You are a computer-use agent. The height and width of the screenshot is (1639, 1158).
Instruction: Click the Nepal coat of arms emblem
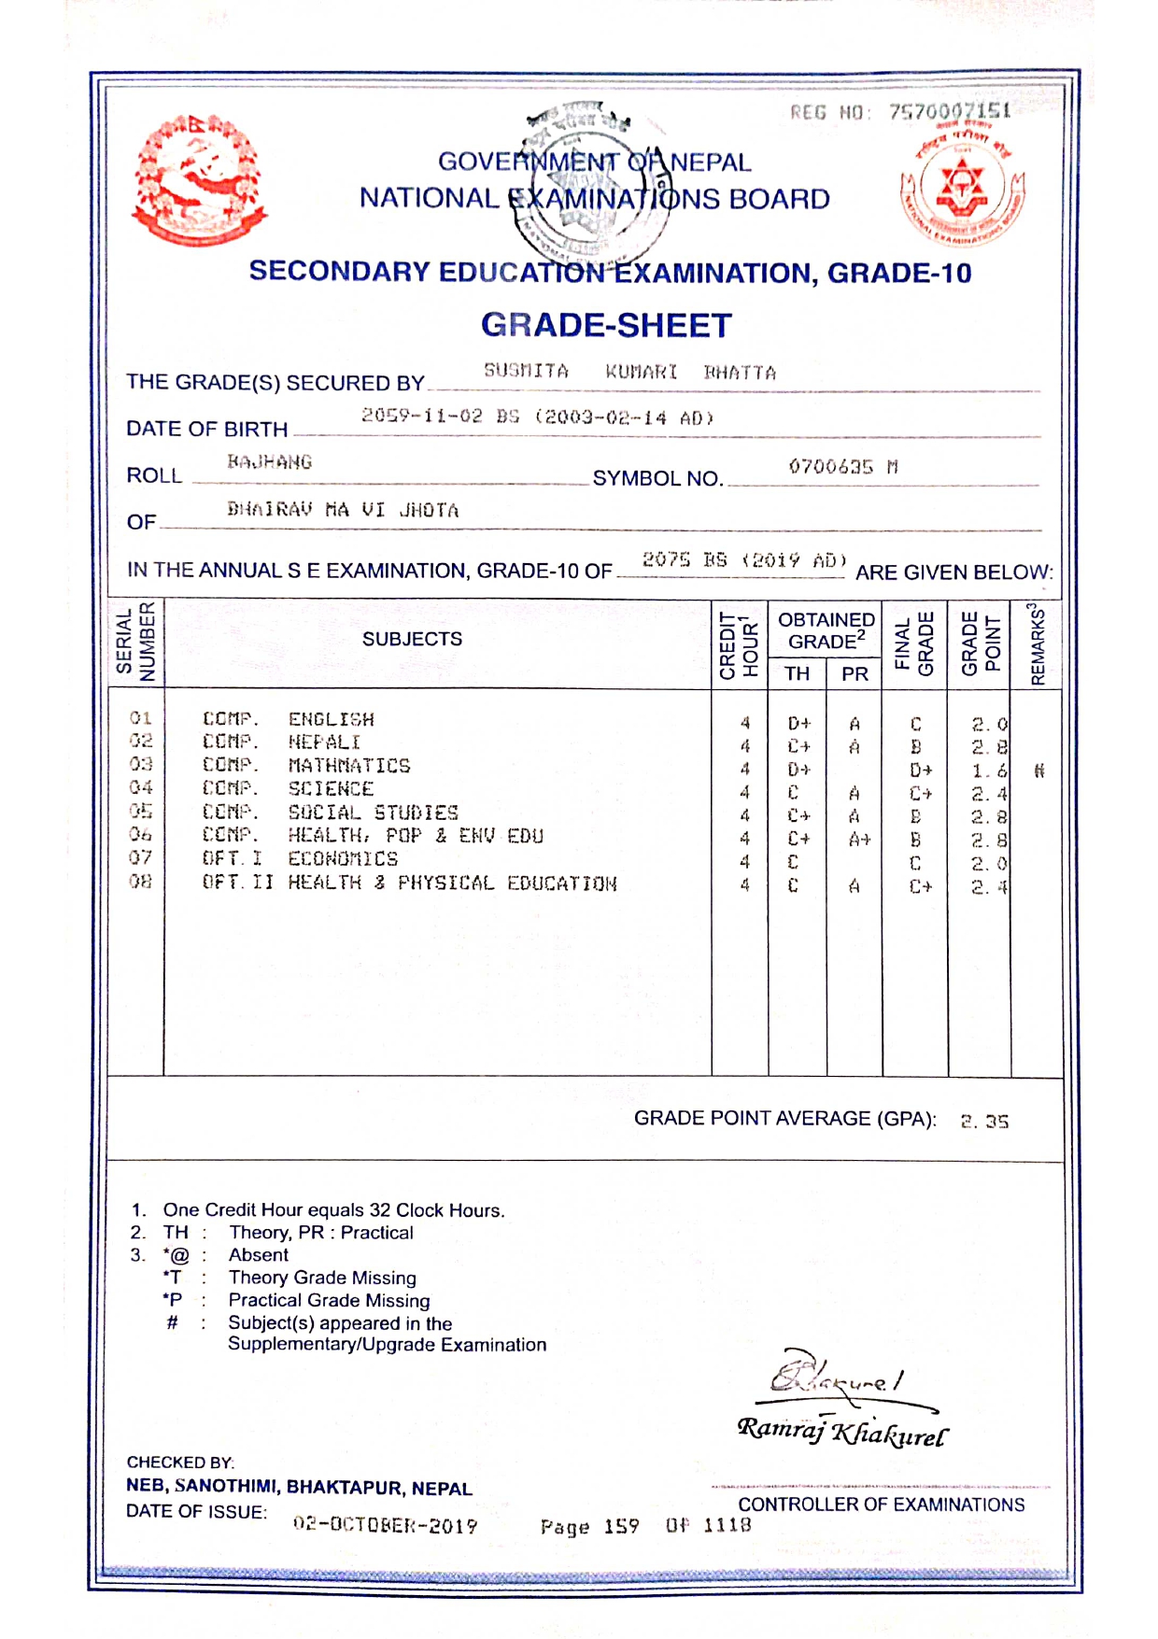[x=199, y=180]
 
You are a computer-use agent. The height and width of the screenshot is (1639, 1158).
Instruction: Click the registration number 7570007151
[x=949, y=112]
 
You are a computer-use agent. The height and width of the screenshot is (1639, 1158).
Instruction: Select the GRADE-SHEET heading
[x=606, y=325]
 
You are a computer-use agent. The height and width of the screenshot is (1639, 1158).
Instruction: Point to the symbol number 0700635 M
[x=842, y=466]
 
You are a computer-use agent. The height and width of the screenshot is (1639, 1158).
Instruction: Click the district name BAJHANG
[x=269, y=461]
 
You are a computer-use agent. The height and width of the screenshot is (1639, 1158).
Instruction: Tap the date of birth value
[x=537, y=417]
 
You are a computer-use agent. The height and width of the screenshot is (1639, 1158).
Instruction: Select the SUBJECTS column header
[x=412, y=639]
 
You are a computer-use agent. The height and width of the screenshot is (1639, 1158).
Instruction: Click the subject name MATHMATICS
[x=349, y=766]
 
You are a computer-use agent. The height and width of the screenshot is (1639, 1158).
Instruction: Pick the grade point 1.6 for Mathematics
[x=989, y=770]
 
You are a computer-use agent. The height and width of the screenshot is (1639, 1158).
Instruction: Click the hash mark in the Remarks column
[x=1038, y=770]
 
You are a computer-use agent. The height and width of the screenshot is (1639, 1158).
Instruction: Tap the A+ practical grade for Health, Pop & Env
[x=858, y=840]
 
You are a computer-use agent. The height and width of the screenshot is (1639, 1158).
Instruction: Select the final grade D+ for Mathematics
[x=921, y=770]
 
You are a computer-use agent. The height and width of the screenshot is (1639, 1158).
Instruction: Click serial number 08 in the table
[x=140, y=881]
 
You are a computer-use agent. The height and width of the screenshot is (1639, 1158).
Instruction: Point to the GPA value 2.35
[x=984, y=1121]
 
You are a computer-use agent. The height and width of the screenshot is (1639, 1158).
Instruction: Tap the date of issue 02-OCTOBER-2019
[x=385, y=1525]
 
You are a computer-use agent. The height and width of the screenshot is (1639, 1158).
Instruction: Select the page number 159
[x=621, y=1526]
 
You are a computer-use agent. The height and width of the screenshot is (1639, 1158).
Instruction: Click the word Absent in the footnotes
[x=259, y=1255]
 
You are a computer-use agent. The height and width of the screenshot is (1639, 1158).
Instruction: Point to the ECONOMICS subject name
[x=343, y=858]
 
